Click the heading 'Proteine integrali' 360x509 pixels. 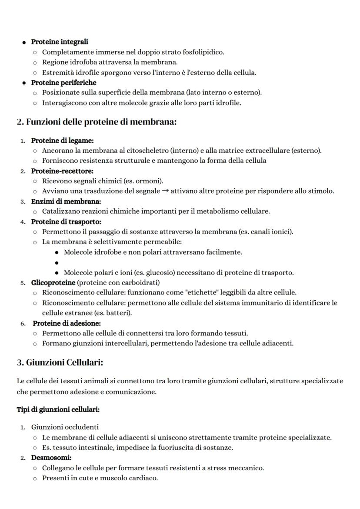coord(60,42)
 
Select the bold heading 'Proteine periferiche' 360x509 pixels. coord(63,83)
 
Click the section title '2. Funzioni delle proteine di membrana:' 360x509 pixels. coord(97,122)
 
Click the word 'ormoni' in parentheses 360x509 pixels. coord(149,181)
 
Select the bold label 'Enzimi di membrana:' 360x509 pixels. coord(66,201)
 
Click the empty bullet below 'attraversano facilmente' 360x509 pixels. coord(57,263)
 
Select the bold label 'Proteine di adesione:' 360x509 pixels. coord(67,323)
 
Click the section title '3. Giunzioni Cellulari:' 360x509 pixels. coord(60,362)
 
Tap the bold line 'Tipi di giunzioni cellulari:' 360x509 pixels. coord(58,410)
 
